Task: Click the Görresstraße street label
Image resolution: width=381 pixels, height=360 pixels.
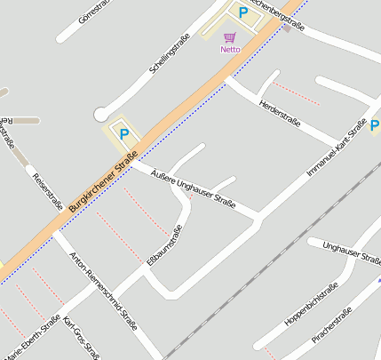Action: pos(94,11)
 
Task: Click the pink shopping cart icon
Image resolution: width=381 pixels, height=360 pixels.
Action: pos(230,37)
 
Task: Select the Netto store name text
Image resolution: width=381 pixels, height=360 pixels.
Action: pos(230,50)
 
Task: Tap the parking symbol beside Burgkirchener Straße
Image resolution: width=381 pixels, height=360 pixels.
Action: pos(124,135)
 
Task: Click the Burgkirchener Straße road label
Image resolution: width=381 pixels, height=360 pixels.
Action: pos(103,175)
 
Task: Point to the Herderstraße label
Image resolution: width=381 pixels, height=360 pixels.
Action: pos(279,112)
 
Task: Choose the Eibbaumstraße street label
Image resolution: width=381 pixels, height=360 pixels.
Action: pos(164,245)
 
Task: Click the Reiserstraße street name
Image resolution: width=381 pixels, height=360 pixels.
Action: pos(47,191)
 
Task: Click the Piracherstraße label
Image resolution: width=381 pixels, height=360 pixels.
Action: pos(332,326)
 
